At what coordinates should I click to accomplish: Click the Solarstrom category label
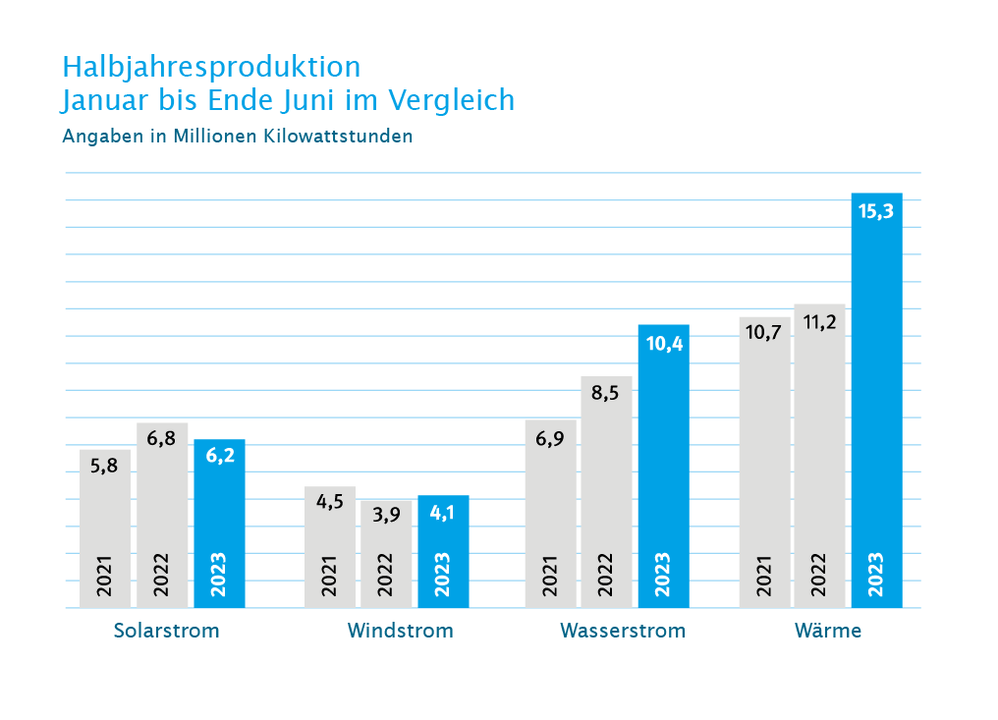[x=166, y=631]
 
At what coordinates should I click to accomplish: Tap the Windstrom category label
[x=401, y=631]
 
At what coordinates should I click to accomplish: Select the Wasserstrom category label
[x=623, y=631]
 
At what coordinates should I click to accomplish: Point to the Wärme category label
[x=827, y=631]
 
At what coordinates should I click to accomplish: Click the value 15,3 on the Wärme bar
[x=876, y=211]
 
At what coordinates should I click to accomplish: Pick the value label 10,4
[x=664, y=344]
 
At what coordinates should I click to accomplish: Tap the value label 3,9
[x=386, y=515]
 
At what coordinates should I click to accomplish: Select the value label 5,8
[x=104, y=466]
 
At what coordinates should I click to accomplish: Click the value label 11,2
[x=819, y=323]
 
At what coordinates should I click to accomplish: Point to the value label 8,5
[x=605, y=393]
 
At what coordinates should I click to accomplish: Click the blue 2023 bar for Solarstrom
[x=220, y=524]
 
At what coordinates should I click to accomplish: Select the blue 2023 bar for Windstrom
[x=443, y=551]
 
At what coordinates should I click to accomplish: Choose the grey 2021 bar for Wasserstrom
[x=550, y=514]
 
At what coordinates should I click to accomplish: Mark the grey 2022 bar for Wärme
[x=820, y=456]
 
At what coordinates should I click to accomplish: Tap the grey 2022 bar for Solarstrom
[x=162, y=515]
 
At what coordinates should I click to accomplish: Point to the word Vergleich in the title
[x=451, y=100]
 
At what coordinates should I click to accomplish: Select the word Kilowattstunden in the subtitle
[x=338, y=137]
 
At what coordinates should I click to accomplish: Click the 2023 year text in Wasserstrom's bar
[x=663, y=575]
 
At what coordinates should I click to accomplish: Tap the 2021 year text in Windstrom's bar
[x=329, y=576]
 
